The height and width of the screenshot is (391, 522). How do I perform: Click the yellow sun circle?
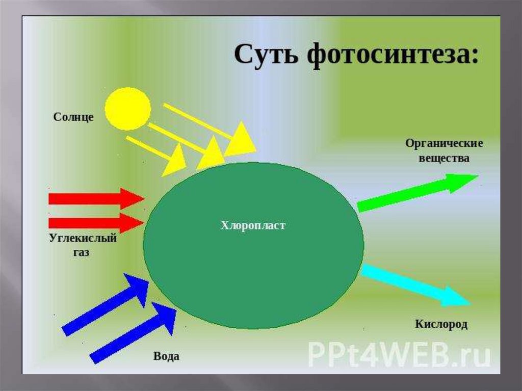pos(128,108)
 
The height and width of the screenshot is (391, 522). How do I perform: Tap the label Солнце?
pos(73,117)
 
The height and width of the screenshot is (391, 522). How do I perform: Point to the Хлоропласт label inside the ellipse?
pos(253,225)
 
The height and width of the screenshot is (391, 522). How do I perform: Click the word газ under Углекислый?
pos(81,252)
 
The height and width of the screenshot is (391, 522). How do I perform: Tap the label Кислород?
pos(441,324)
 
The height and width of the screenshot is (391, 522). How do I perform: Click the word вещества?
pos(444,158)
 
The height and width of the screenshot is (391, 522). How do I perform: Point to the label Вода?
pos(166,356)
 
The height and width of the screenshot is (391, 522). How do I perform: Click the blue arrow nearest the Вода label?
pos(134,332)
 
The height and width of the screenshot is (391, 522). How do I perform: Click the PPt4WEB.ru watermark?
pos(399,354)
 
